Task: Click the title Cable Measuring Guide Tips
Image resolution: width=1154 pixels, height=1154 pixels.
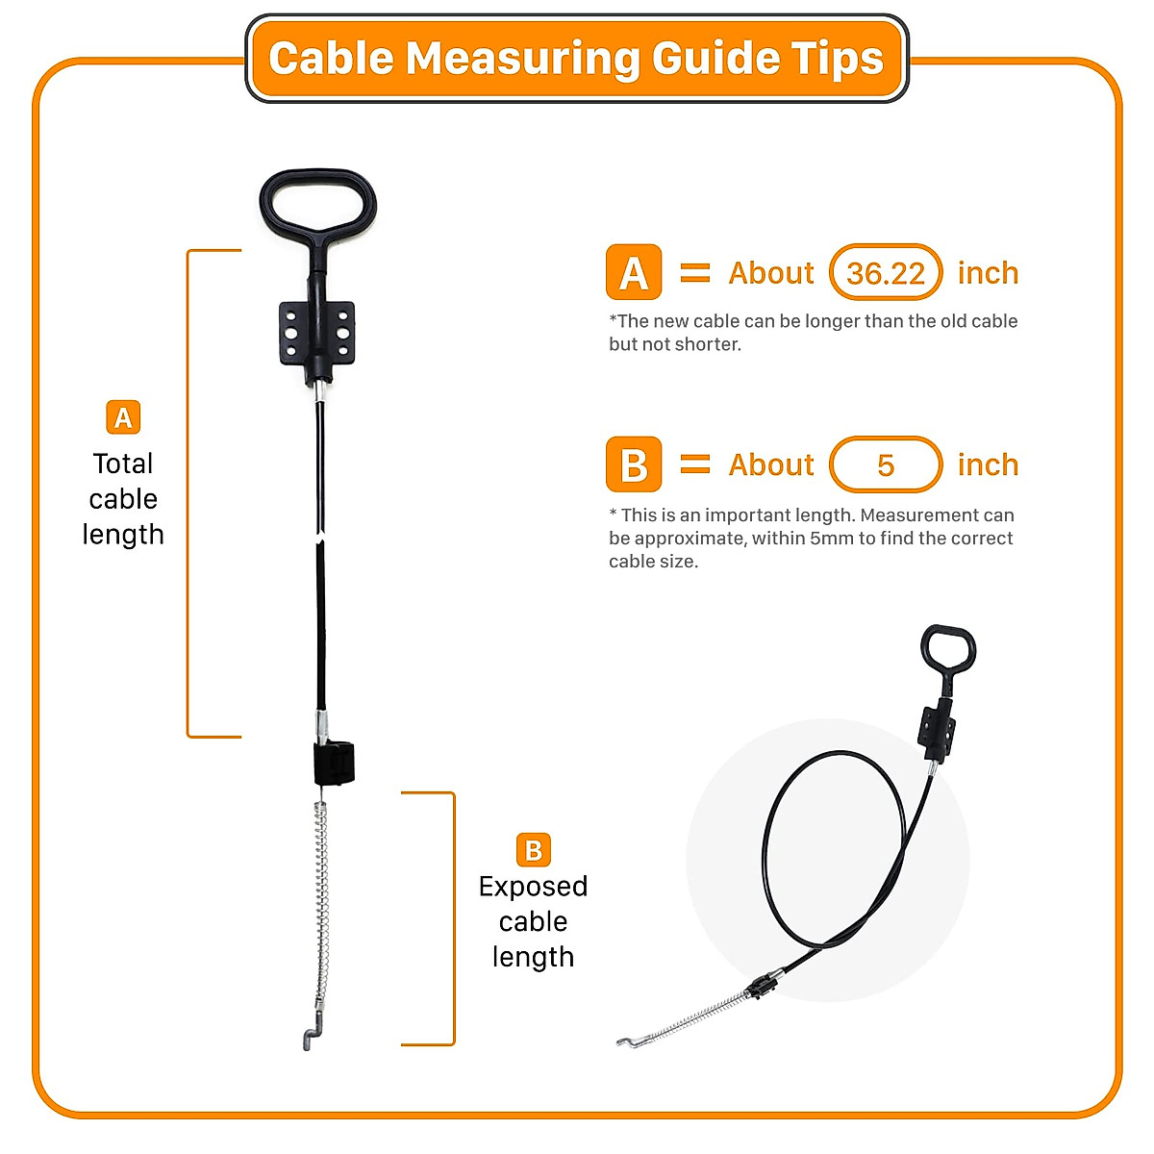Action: tap(576, 59)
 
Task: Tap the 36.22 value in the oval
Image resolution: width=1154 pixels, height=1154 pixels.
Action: tap(886, 273)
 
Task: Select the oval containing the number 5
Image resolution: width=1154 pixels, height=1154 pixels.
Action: tap(886, 465)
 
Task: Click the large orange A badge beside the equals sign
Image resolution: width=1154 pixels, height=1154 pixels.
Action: tap(634, 273)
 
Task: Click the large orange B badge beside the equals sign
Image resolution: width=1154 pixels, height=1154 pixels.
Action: tap(634, 465)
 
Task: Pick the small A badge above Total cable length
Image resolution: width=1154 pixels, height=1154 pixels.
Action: tap(123, 417)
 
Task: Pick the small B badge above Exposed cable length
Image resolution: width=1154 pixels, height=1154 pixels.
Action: tap(533, 850)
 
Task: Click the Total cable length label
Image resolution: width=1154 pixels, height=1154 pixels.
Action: tap(123, 499)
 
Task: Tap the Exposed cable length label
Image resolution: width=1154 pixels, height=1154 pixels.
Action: tap(533, 921)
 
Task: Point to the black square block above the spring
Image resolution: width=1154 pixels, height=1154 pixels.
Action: tap(334, 763)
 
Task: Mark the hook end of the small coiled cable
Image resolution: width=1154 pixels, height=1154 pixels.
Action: tap(629, 1041)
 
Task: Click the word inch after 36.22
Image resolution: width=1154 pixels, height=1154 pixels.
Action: tap(988, 273)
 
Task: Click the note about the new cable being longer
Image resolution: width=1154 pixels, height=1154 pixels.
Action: tap(813, 333)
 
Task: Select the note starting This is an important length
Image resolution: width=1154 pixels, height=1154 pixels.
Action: tap(811, 539)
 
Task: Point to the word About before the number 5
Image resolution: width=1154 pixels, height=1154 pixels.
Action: tap(771, 465)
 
